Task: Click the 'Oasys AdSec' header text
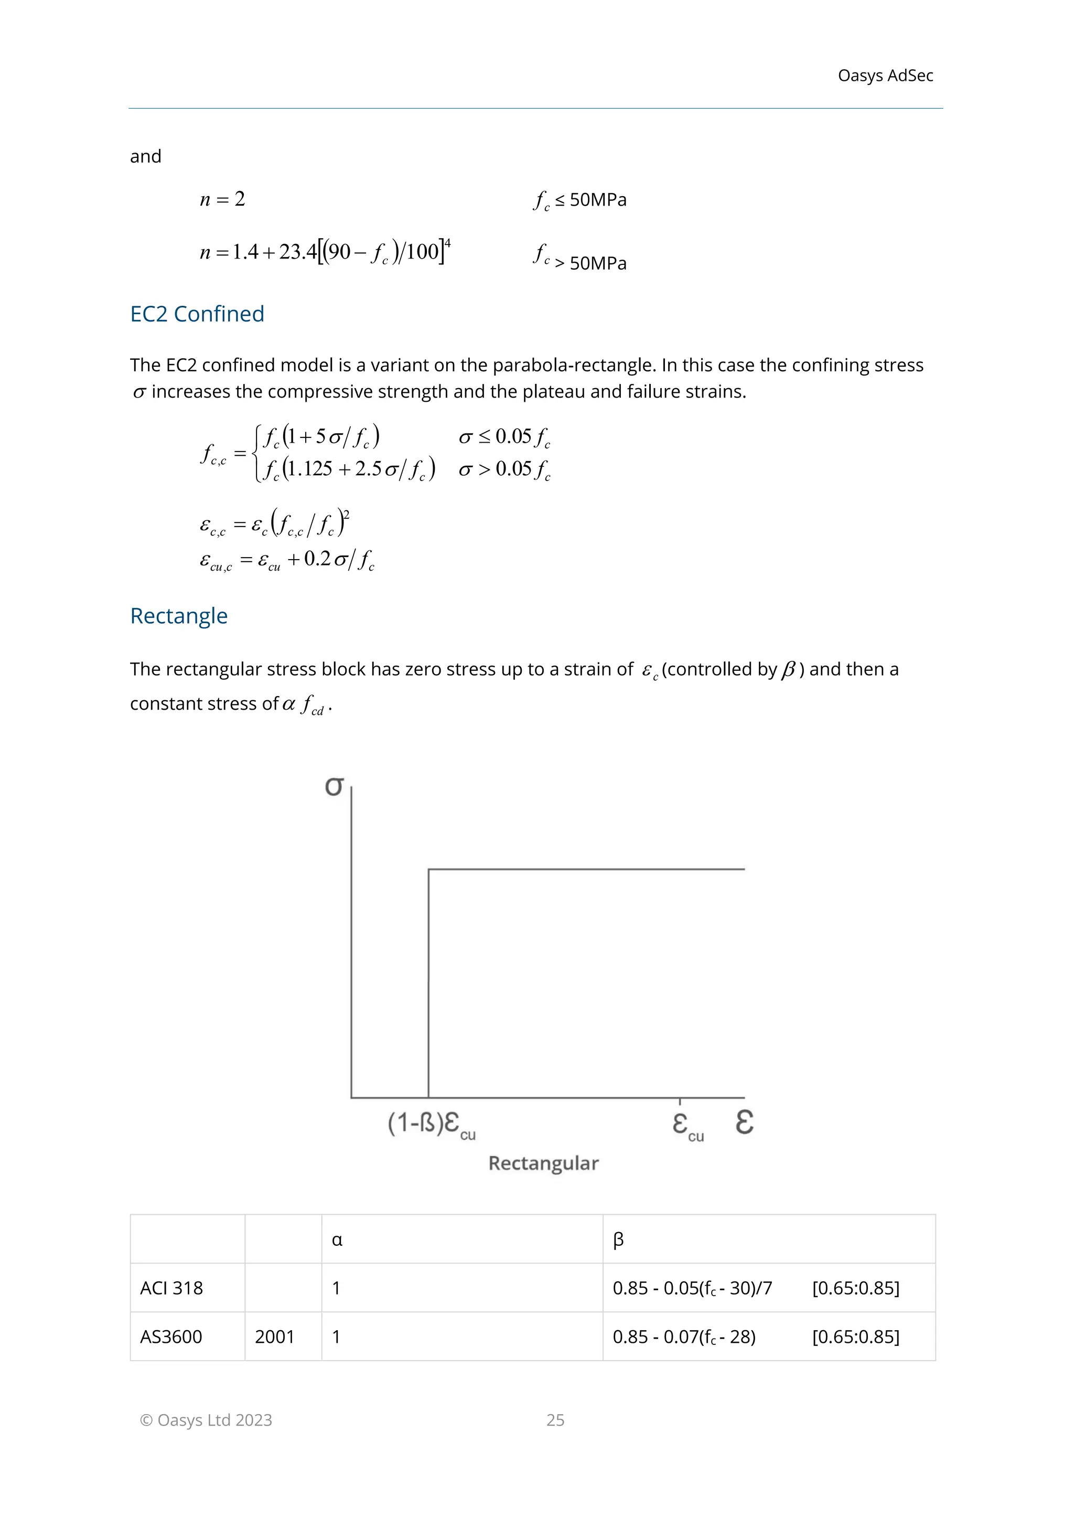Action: pyautogui.click(x=885, y=76)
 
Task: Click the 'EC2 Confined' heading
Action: pyautogui.click(x=197, y=314)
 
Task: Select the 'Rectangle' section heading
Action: pyautogui.click(x=178, y=616)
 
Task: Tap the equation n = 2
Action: pyautogui.click(x=223, y=199)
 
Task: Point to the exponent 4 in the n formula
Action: pyautogui.click(x=448, y=243)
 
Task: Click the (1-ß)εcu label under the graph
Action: pyautogui.click(x=431, y=1124)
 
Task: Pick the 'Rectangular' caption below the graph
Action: pyautogui.click(x=543, y=1163)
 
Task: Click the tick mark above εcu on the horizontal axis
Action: pyautogui.click(x=680, y=1101)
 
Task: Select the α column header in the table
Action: pyautogui.click(x=337, y=1240)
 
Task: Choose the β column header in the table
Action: pyautogui.click(x=618, y=1240)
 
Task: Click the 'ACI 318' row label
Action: pyautogui.click(x=171, y=1288)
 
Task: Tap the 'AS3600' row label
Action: pyautogui.click(x=170, y=1337)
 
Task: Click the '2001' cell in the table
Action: pyautogui.click(x=274, y=1337)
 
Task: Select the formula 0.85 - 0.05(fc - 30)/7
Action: pyautogui.click(x=692, y=1288)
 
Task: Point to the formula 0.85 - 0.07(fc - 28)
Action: pyautogui.click(x=684, y=1337)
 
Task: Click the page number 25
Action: pyautogui.click(x=555, y=1420)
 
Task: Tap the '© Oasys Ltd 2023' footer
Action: pyautogui.click(x=206, y=1420)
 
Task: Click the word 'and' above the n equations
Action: pyautogui.click(x=145, y=157)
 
